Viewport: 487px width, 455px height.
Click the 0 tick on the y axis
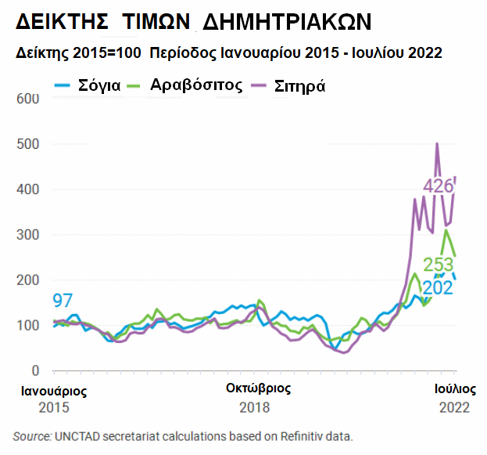[34, 370]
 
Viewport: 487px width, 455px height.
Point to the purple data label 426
[439, 186]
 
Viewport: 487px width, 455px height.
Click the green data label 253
[439, 265]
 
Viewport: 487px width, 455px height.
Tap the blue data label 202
[439, 287]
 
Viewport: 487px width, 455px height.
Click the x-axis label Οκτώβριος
[258, 388]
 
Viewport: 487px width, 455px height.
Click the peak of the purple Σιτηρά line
[437, 144]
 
